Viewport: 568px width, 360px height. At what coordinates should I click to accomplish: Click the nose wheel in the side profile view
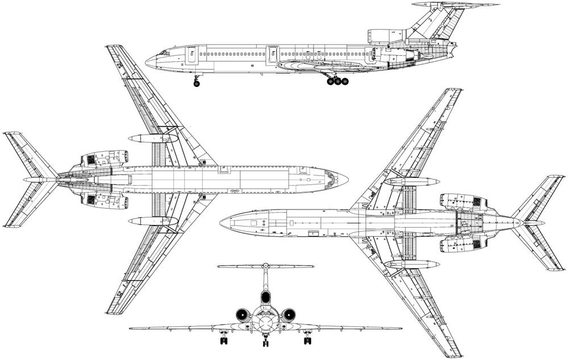point(197,83)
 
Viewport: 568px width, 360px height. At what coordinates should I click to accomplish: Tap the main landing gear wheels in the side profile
point(337,81)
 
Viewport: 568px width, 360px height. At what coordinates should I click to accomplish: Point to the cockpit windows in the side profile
point(164,52)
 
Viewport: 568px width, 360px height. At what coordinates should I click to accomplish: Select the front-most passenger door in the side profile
point(192,55)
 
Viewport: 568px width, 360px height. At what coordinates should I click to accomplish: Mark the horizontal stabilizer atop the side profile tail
point(454,5)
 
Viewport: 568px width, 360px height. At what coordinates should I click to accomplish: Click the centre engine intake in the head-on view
point(265,297)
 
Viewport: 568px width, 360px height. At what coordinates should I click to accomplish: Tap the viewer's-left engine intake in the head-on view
point(243,314)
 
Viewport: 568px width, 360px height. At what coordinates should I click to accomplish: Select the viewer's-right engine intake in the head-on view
point(288,314)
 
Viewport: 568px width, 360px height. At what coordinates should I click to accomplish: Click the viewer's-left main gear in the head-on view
point(223,340)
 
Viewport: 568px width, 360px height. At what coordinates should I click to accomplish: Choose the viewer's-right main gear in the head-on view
point(307,340)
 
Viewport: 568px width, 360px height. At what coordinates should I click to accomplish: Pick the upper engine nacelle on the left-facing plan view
point(463,201)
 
